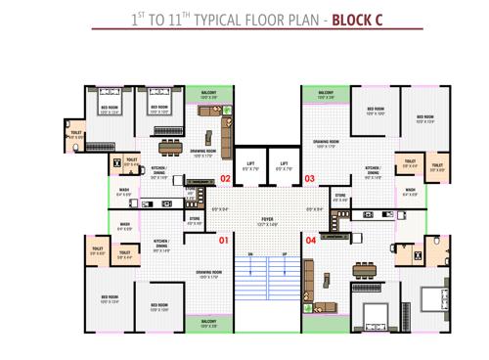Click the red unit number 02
point(224,179)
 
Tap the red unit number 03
point(310,179)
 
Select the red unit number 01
point(223,239)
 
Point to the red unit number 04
point(311,239)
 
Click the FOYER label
point(267,218)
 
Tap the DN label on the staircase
point(251,256)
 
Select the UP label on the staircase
point(284,256)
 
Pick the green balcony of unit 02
point(208,95)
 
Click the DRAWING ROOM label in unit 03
point(326,142)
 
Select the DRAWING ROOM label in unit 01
point(208,273)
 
